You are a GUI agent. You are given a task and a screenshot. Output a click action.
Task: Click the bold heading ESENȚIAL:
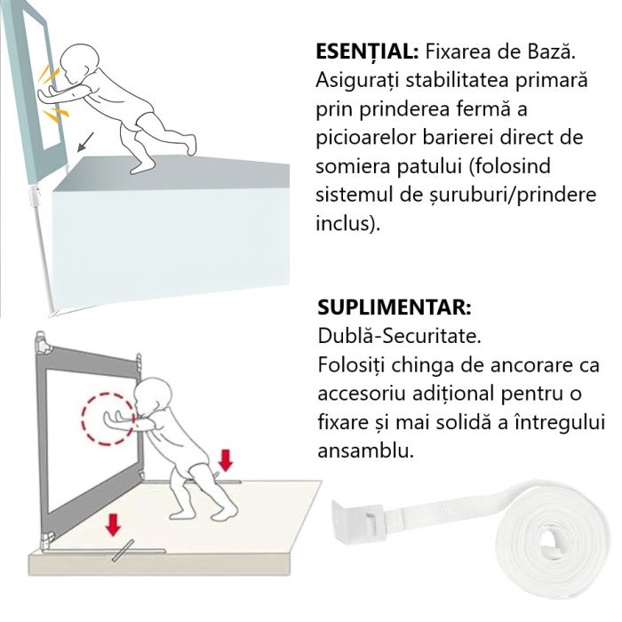pos(368,51)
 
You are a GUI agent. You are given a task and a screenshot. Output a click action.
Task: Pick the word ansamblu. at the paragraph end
pos(365,451)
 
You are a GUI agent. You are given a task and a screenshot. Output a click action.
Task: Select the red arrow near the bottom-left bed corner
pos(113,525)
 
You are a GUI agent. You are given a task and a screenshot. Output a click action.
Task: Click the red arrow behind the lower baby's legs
pos(226,459)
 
